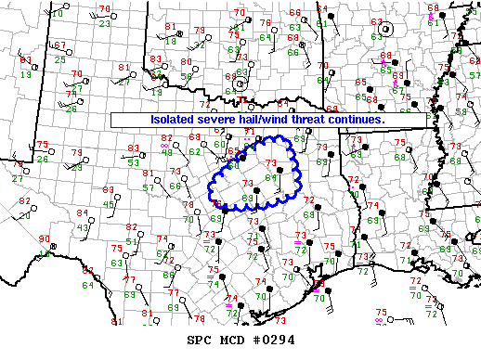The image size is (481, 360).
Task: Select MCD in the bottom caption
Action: tap(235, 340)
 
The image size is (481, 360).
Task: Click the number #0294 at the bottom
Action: tap(275, 340)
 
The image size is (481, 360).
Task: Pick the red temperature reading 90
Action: tap(44, 239)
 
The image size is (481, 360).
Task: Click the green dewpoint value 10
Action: tap(58, 14)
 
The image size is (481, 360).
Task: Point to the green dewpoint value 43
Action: tap(83, 227)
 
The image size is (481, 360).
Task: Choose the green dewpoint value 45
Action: tap(108, 204)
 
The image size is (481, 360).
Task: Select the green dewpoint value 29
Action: tap(77, 167)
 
